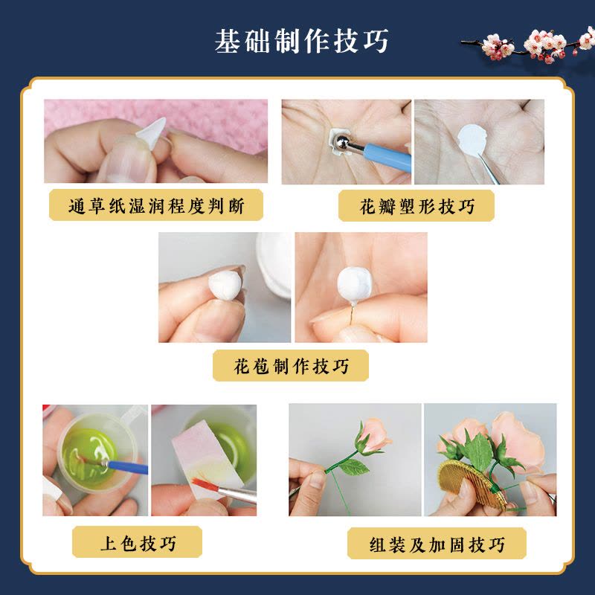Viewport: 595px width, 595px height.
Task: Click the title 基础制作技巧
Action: [302, 41]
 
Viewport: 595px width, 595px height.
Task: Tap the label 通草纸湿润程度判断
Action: [156, 206]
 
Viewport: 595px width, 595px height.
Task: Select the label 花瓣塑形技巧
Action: [416, 207]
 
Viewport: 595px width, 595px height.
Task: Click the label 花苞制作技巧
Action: [291, 366]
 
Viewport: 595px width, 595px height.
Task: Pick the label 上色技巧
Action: [138, 543]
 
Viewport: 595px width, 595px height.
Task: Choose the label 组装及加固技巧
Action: [437, 544]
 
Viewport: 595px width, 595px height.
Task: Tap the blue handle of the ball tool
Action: [387, 156]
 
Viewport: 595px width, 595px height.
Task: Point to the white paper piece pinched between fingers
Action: [152, 132]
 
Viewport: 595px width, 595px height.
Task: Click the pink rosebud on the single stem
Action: [374, 437]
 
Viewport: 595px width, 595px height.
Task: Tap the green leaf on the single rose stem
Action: [354, 467]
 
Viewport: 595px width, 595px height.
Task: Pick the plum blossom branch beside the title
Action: [527, 45]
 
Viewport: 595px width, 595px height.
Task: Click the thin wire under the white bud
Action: [353, 314]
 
